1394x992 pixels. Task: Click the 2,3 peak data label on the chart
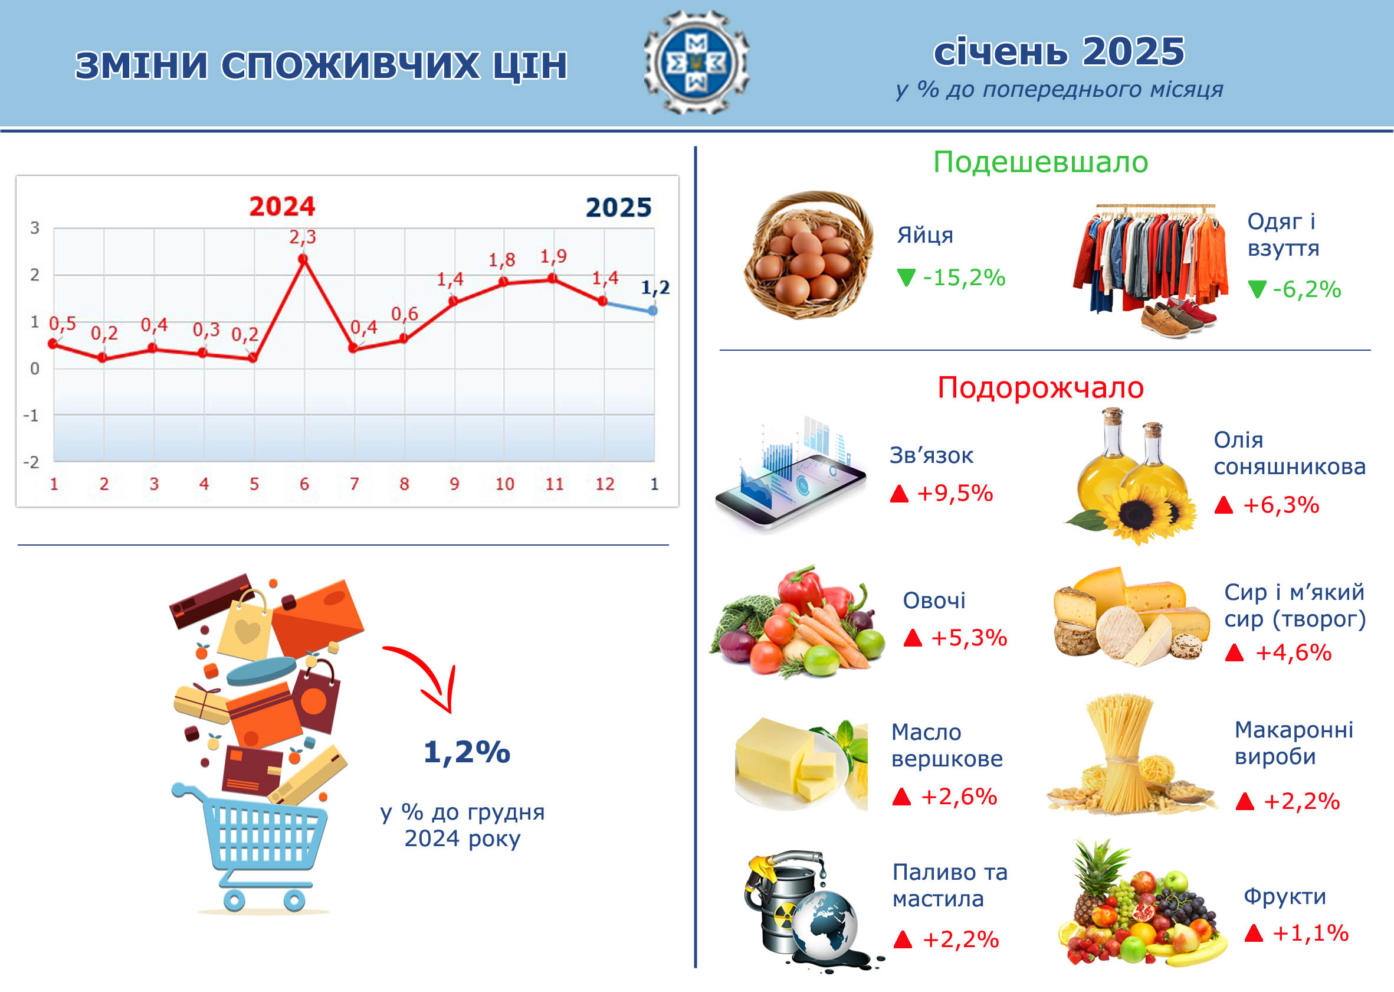pyautogui.click(x=303, y=237)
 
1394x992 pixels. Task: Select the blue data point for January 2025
pyautogui.click(x=653, y=311)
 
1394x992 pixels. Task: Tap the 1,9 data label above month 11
pyautogui.click(x=553, y=256)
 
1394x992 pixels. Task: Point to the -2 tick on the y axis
pyautogui.click(x=31, y=462)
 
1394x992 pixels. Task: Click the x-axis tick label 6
pyautogui.click(x=304, y=484)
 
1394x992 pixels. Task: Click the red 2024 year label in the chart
pyautogui.click(x=282, y=207)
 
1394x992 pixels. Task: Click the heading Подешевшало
pyautogui.click(x=1041, y=162)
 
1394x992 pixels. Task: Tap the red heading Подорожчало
pyautogui.click(x=1041, y=387)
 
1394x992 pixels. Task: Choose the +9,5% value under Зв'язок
pyautogui.click(x=955, y=493)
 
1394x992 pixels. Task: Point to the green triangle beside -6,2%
pyautogui.click(x=1257, y=289)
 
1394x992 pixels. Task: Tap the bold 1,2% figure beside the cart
pyautogui.click(x=467, y=752)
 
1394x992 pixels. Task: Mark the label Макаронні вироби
pyautogui.click(x=1294, y=743)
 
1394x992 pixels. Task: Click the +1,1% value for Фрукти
pyautogui.click(x=1310, y=933)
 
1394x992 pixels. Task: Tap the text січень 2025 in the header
pyautogui.click(x=1060, y=51)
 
